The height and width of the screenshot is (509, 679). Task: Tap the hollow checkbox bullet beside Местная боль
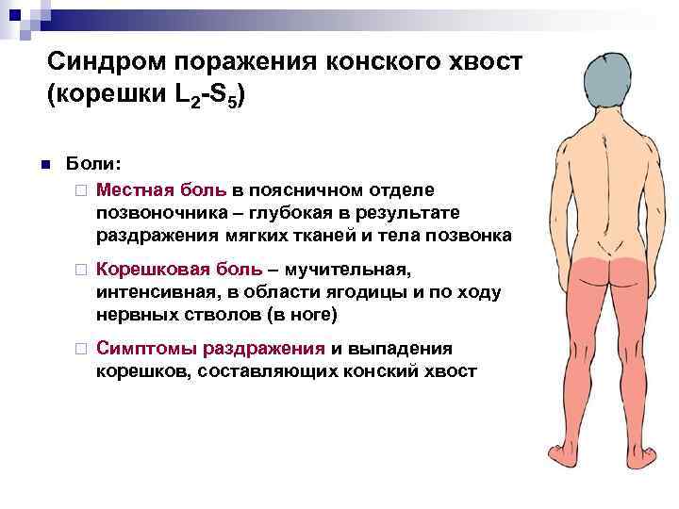point(82,189)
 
